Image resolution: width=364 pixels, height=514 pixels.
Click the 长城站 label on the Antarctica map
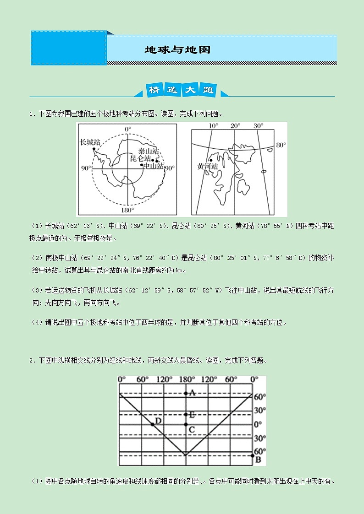pyautogui.click(x=90, y=142)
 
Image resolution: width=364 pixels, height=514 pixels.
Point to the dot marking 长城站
pyautogui.click(x=94, y=149)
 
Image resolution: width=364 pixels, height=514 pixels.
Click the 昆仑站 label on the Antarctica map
pyautogui.click(x=141, y=158)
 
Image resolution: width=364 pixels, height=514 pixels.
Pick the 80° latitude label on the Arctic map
pyautogui.click(x=281, y=145)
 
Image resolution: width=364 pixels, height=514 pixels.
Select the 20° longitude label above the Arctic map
pyautogui.click(x=235, y=126)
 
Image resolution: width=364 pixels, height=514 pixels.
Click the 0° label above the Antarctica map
pyautogui.click(x=128, y=129)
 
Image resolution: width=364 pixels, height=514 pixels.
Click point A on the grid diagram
pyautogui.click(x=186, y=393)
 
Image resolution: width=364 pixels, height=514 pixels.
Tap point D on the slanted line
pyautogui.click(x=153, y=425)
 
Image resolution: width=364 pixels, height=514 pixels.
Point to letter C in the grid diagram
pyautogui.click(x=192, y=429)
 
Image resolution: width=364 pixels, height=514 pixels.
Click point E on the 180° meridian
pyautogui.click(x=186, y=415)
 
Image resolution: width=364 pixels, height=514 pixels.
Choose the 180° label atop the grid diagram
pyautogui.click(x=186, y=379)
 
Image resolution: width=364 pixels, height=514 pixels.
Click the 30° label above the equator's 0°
pyautogui.click(x=260, y=411)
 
